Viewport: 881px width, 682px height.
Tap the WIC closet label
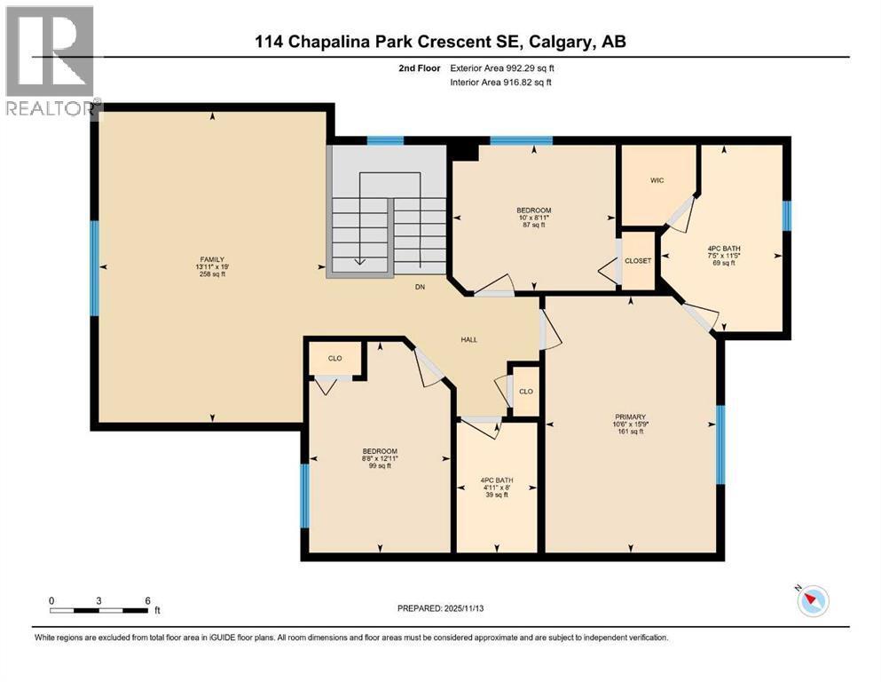[x=657, y=180]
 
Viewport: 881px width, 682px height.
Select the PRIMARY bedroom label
[x=630, y=416]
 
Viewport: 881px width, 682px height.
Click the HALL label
[x=469, y=339]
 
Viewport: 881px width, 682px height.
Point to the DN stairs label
[x=422, y=287]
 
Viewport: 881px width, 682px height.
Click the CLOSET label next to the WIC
[x=637, y=260]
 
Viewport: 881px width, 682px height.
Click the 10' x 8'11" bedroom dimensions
[x=535, y=218]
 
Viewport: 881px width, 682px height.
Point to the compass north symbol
[x=812, y=601]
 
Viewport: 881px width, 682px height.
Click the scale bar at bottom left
[x=99, y=609]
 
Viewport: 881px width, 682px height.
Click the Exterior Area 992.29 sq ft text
[x=507, y=67]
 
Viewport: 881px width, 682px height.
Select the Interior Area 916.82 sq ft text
[x=507, y=82]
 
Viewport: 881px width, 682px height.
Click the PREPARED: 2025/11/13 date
[x=440, y=608]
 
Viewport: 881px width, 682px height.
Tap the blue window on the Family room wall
[x=94, y=268]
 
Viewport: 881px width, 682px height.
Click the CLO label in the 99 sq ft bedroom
[x=334, y=359]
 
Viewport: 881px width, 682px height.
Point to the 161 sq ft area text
[x=630, y=432]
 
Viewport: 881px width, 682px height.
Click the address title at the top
[x=440, y=41]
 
